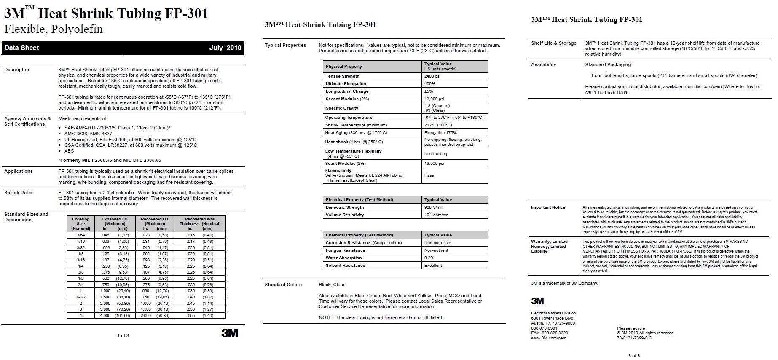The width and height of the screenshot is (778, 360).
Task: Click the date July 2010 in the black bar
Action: pyautogui.click(x=225, y=48)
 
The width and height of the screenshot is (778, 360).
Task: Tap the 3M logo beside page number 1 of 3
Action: pyautogui.click(x=230, y=333)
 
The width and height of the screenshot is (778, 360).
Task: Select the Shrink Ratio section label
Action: pyautogui.click(x=18, y=193)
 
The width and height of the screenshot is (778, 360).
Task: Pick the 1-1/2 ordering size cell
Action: pyautogui.click(x=80, y=297)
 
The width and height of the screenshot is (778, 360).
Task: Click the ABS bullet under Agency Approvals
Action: pyautogui.click(x=69, y=151)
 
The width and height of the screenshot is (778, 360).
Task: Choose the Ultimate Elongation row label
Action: pyautogui.click(x=346, y=84)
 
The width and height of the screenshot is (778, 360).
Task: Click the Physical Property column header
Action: pyautogui.click(x=343, y=67)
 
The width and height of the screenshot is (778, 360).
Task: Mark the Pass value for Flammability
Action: pyautogui.click(x=429, y=175)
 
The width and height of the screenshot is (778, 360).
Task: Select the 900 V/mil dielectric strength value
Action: pyautogui.click(x=433, y=207)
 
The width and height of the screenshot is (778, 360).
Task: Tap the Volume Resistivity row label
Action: pyautogui.click(x=344, y=215)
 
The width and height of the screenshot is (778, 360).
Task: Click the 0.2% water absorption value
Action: pyautogui.click(x=429, y=258)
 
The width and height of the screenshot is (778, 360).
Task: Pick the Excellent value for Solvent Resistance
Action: pyautogui.click(x=433, y=266)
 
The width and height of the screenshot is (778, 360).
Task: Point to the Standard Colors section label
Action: pyautogui.click(x=283, y=285)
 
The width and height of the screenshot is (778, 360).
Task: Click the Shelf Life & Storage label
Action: pyautogui.click(x=553, y=43)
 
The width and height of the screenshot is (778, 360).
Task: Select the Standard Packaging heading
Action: pyautogui.click(x=608, y=65)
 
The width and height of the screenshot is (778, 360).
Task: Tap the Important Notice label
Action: pyautogui.click(x=548, y=207)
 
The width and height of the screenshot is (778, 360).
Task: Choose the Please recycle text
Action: pyautogui.click(x=630, y=328)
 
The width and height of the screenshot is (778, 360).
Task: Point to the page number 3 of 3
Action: pyautogui.click(x=634, y=356)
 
